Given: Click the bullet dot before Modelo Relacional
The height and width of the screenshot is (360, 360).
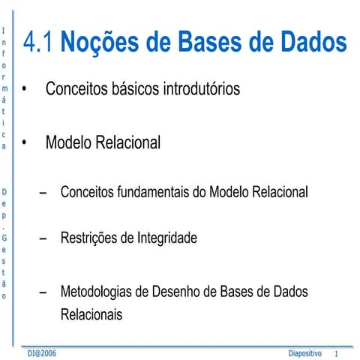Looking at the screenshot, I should click(x=26, y=142).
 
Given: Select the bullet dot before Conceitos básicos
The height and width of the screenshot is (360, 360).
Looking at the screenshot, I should click(x=26, y=90).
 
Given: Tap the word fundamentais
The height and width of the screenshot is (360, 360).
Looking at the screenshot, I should click(x=152, y=192).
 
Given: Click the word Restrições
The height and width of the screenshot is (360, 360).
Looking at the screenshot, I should click(x=86, y=238).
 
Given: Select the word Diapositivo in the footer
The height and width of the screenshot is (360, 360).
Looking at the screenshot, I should click(x=304, y=352).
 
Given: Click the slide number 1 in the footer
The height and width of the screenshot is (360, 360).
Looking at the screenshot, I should click(x=337, y=352).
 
